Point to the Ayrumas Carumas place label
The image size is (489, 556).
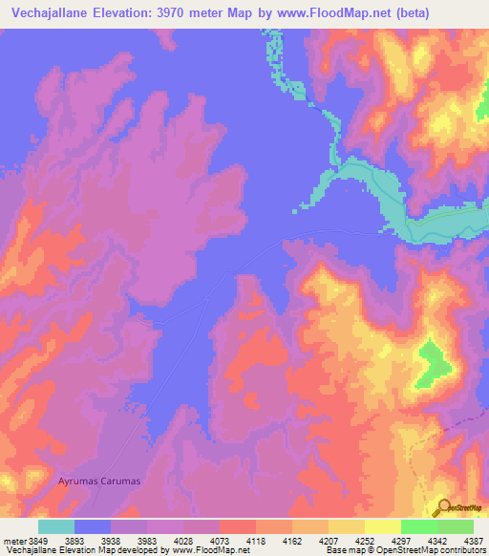pyautogui.click(x=99, y=481)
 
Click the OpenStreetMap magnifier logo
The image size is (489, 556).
pyautogui.click(x=444, y=507)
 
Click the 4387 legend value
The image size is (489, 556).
pyautogui.click(x=475, y=540)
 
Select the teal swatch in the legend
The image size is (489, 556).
pyautogui.click(x=56, y=526)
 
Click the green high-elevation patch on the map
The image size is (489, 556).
pyautogui.click(x=432, y=363)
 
